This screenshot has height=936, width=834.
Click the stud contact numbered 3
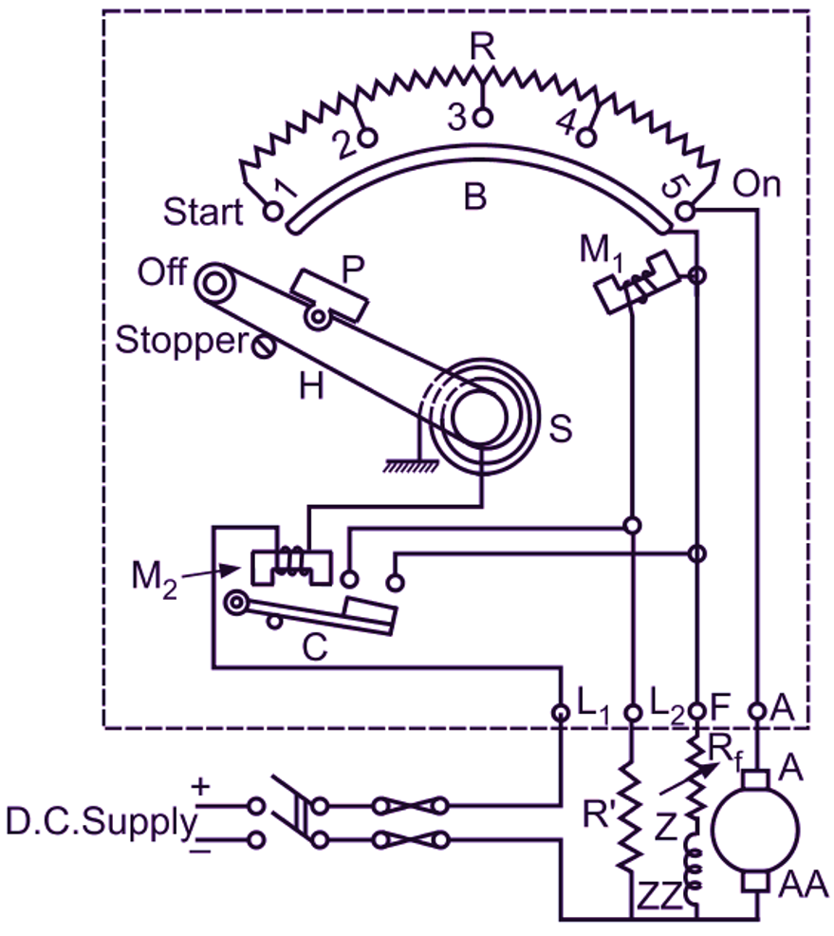483,117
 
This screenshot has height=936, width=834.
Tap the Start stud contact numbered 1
272,211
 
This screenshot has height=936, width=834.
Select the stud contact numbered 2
368,138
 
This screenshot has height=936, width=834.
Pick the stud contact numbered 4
587,138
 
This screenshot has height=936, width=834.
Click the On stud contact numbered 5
685,210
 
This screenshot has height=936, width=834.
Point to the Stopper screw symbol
263,346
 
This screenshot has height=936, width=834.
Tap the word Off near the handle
162,271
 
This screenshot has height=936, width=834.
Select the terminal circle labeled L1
561,712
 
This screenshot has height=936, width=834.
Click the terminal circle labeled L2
632,712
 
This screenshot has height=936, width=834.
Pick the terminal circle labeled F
696,711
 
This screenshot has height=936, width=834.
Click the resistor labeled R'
632,815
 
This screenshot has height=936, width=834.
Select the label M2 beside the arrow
154,579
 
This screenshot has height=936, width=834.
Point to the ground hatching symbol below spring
410,465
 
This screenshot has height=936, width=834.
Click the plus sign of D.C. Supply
201,787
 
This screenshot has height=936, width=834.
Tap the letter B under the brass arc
474,197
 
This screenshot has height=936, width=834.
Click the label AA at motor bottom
803,885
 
